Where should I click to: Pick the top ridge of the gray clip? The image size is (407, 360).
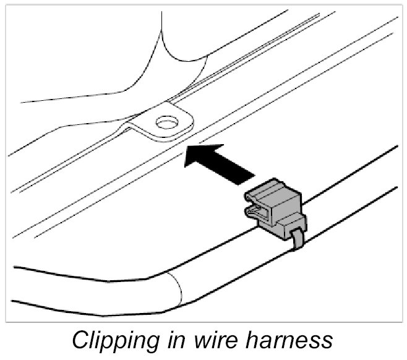point(275,185)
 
